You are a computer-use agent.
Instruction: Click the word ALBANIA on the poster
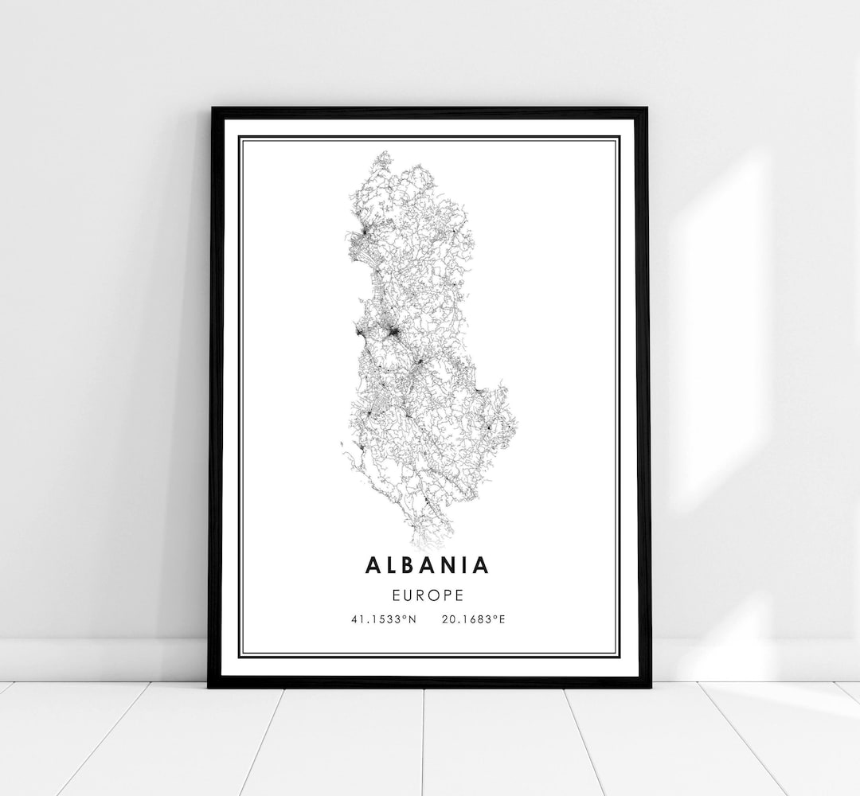[428, 565]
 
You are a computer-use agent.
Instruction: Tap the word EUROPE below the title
[428, 594]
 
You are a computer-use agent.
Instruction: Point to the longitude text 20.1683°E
[472, 618]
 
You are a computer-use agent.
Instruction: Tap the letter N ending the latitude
[413, 618]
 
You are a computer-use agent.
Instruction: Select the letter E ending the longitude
[502, 618]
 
